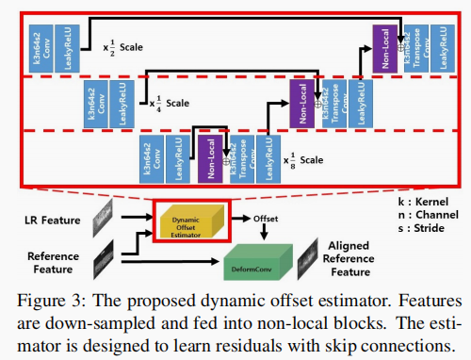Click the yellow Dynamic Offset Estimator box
(x=191, y=220)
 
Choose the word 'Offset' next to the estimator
(x=268, y=218)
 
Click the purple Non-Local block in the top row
(x=382, y=46)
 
